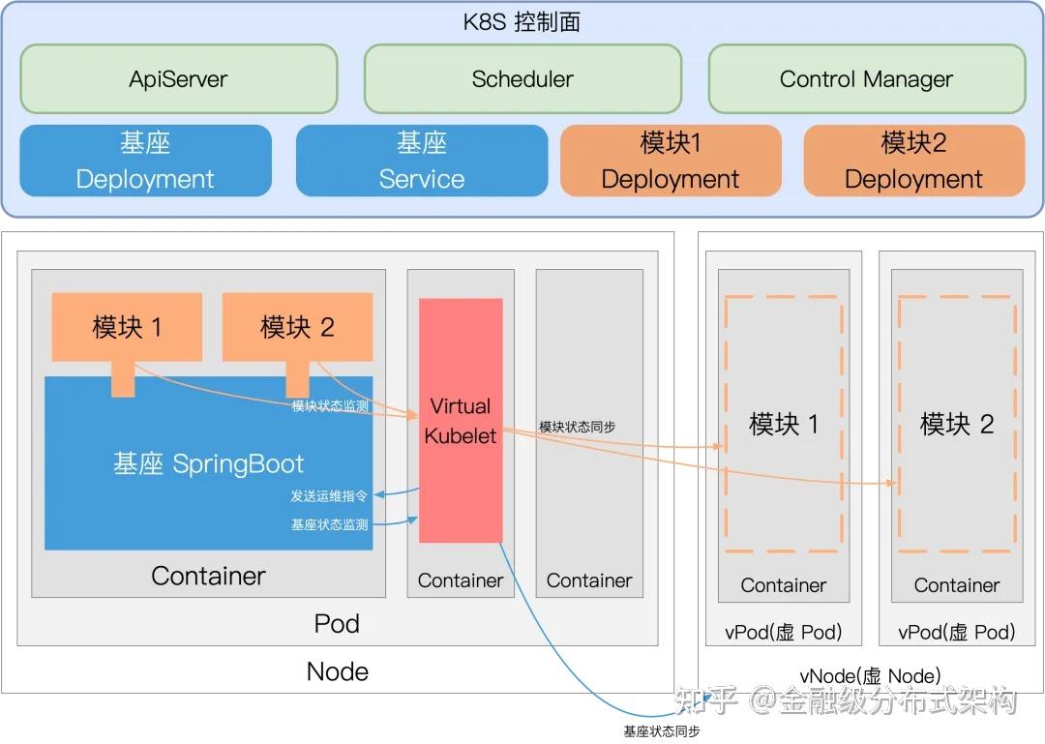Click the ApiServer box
click(x=179, y=78)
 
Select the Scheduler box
click(x=522, y=78)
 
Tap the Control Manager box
click(x=866, y=78)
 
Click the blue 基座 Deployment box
click(x=145, y=161)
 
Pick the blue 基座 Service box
click(x=422, y=161)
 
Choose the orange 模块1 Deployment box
click(x=671, y=161)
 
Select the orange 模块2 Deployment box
click(x=913, y=161)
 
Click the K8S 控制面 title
click(x=522, y=22)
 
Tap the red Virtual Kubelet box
click(x=461, y=420)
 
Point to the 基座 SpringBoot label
click(x=208, y=463)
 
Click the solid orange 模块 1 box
click(x=127, y=327)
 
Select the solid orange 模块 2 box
click(x=297, y=327)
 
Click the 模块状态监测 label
click(x=330, y=405)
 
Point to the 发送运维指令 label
click(x=329, y=496)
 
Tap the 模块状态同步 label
click(x=577, y=427)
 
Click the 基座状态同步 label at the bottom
click(x=662, y=731)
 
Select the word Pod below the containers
click(x=338, y=623)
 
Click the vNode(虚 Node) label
click(x=871, y=676)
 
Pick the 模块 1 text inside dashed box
click(x=784, y=424)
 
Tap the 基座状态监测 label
click(x=329, y=524)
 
